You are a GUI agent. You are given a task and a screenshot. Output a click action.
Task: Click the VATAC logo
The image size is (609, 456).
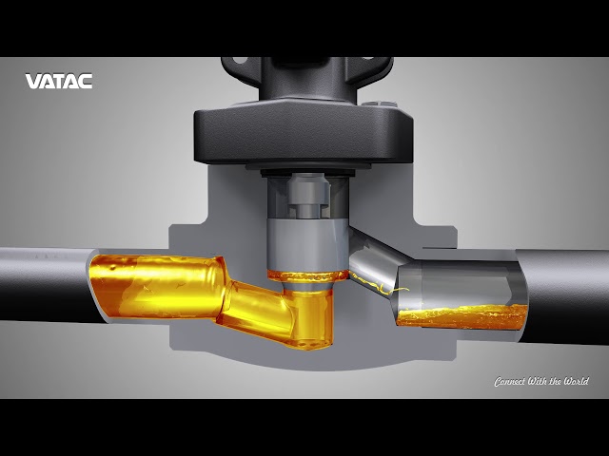(x=59, y=82)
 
